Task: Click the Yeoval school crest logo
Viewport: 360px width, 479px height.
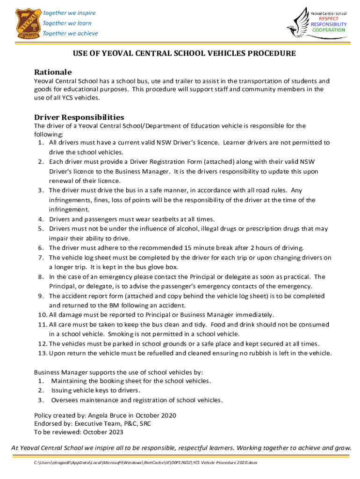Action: [22, 23]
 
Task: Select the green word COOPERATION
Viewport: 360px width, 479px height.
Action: [329, 30]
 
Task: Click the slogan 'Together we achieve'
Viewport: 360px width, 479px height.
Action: [70, 33]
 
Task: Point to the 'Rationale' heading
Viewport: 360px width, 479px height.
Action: [53, 72]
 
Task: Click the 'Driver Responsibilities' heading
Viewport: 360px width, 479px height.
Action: [79, 117]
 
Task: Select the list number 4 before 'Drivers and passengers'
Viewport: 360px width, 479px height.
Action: [41, 219]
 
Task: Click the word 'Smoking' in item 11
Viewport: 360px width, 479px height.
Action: [120, 334]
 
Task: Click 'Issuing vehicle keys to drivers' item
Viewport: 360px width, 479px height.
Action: [96, 390]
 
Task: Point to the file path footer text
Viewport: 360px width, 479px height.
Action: [145, 463]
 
